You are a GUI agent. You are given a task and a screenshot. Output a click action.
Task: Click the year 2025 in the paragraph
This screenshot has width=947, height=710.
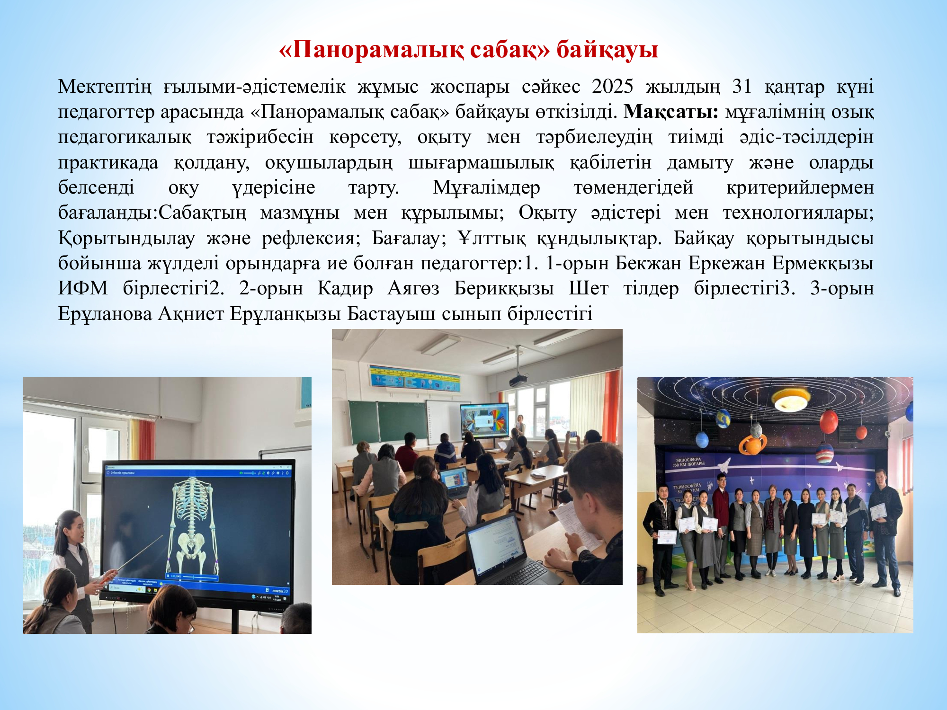pyautogui.click(x=612, y=87)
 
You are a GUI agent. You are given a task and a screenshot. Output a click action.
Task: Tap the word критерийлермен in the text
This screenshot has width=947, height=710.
pyautogui.click(x=800, y=187)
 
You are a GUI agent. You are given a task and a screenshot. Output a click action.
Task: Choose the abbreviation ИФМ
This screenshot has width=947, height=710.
pyautogui.click(x=83, y=288)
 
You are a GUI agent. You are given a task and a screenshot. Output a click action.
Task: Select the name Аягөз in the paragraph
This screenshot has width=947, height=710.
pyautogui.click(x=413, y=288)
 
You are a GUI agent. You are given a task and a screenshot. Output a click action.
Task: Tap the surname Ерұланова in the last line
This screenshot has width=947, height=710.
pyautogui.click(x=105, y=313)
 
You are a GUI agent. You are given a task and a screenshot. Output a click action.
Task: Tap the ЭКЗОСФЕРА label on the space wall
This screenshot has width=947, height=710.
pyautogui.click(x=688, y=460)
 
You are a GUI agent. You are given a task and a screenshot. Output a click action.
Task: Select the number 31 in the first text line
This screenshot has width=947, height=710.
pyautogui.click(x=742, y=87)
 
